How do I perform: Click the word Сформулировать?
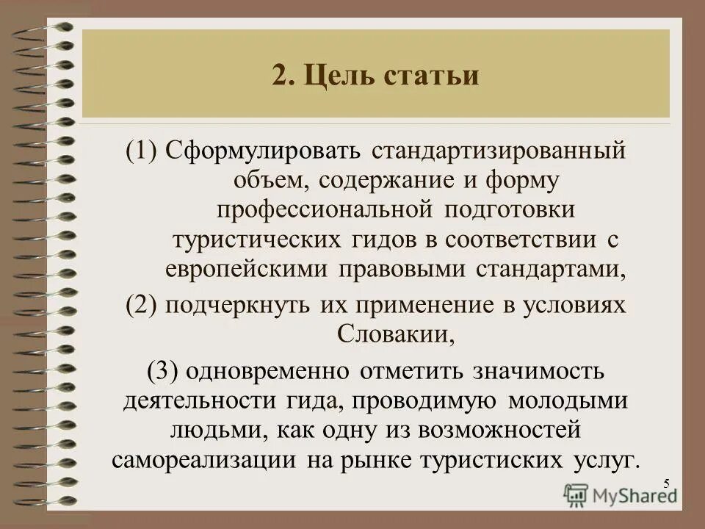coord(263,151)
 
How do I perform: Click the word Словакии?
coord(391,335)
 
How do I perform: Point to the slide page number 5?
coord(666,483)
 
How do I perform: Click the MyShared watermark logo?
coord(620,494)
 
